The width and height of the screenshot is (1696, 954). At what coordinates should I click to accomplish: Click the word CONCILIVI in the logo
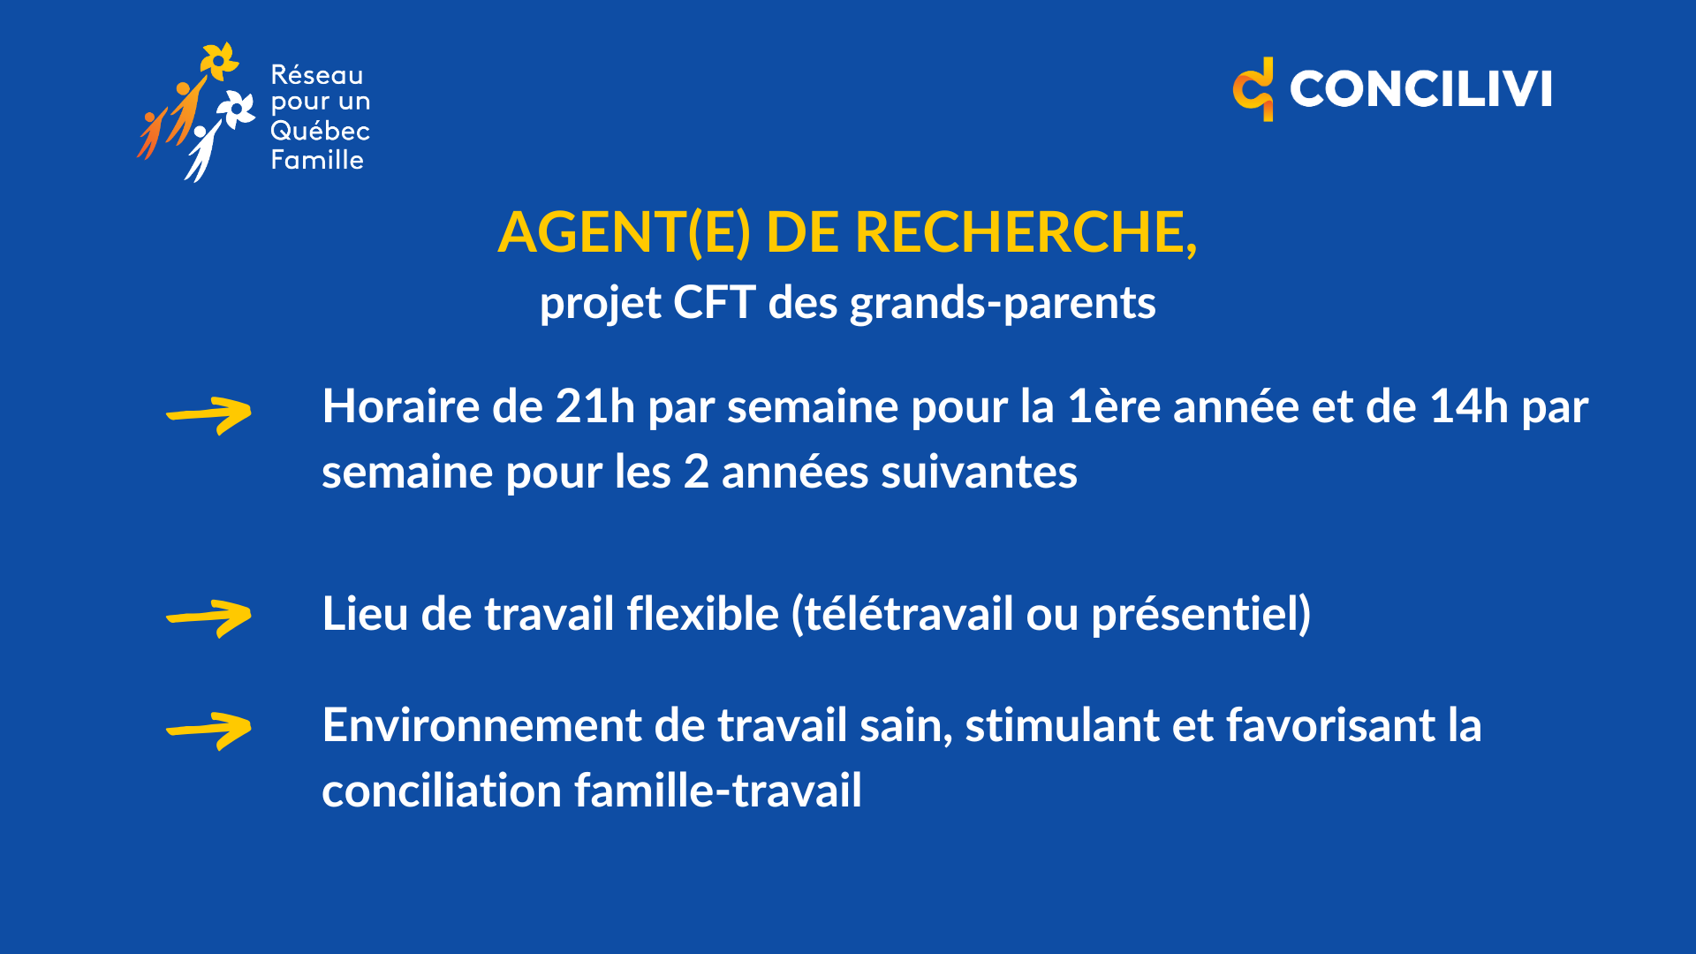(x=1420, y=89)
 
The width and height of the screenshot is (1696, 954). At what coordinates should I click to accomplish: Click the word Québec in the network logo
(x=320, y=132)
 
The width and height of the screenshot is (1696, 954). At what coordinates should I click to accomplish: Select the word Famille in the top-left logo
(x=317, y=160)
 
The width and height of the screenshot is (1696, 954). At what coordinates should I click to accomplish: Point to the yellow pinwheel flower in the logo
(x=218, y=60)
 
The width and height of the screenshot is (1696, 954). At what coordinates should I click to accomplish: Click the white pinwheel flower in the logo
(x=236, y=110)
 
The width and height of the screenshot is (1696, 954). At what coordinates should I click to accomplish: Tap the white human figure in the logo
(x=203, y=150)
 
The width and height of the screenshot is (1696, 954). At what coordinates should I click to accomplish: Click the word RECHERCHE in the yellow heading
(x=1025, y=232)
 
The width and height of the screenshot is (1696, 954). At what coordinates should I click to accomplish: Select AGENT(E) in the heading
(x=625, y=232)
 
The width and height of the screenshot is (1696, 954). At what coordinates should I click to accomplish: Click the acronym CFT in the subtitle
(x=714, y=303)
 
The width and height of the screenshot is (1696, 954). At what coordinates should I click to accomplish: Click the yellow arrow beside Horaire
(x=209, y=415)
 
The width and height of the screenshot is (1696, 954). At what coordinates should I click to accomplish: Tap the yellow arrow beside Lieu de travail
(x=209, y=618)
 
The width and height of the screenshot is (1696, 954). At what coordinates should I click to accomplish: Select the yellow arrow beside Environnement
(x=209, y=731)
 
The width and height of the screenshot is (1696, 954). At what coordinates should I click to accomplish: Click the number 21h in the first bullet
(x=595, y=407)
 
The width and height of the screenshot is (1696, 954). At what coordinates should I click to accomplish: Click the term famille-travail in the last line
(x=718, y=791)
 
